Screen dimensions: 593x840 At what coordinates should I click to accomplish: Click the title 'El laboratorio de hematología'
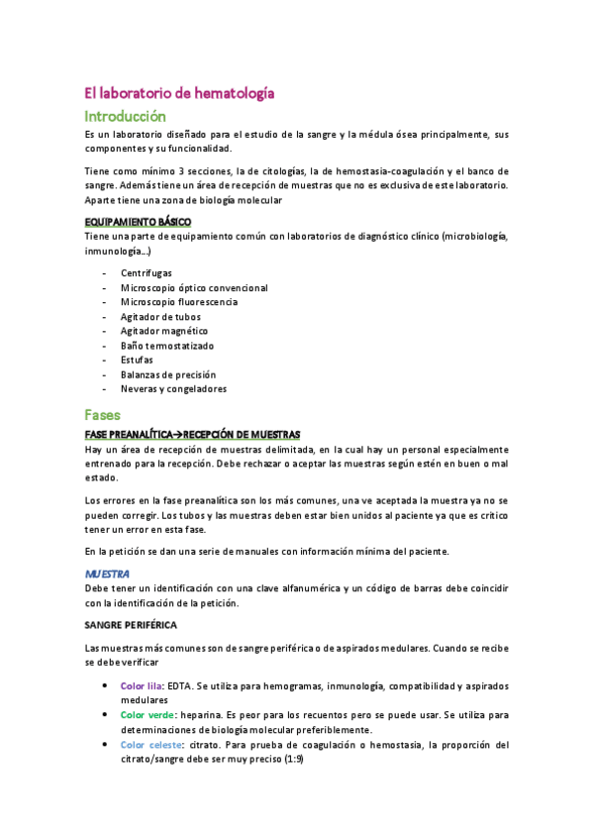point(178,93)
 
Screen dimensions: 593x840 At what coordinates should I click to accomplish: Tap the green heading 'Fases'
point(103,415)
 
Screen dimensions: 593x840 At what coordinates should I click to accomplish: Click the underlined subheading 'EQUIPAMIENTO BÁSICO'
point(139,222)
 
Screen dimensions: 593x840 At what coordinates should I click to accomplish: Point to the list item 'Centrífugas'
point(147,272)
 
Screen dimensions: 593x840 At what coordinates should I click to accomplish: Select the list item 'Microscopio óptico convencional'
point(194,287)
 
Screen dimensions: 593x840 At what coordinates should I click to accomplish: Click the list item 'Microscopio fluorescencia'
point(179,302)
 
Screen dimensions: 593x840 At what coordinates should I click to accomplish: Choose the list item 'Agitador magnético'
point(164,331)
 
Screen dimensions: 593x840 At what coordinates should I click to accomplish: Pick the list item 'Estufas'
point(138,361)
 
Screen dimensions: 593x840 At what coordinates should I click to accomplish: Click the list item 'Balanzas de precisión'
point(167,374)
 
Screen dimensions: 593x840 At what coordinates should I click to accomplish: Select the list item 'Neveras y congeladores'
point(173,389)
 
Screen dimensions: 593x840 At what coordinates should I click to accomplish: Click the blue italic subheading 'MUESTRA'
point(108,575)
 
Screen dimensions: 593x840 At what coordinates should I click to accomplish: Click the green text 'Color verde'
point(148,714)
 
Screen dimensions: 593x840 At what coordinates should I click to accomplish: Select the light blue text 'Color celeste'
point(149,745)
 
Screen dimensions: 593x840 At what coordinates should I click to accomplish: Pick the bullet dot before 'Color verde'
point(106,714)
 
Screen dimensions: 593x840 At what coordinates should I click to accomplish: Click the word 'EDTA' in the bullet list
point(180,685)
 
